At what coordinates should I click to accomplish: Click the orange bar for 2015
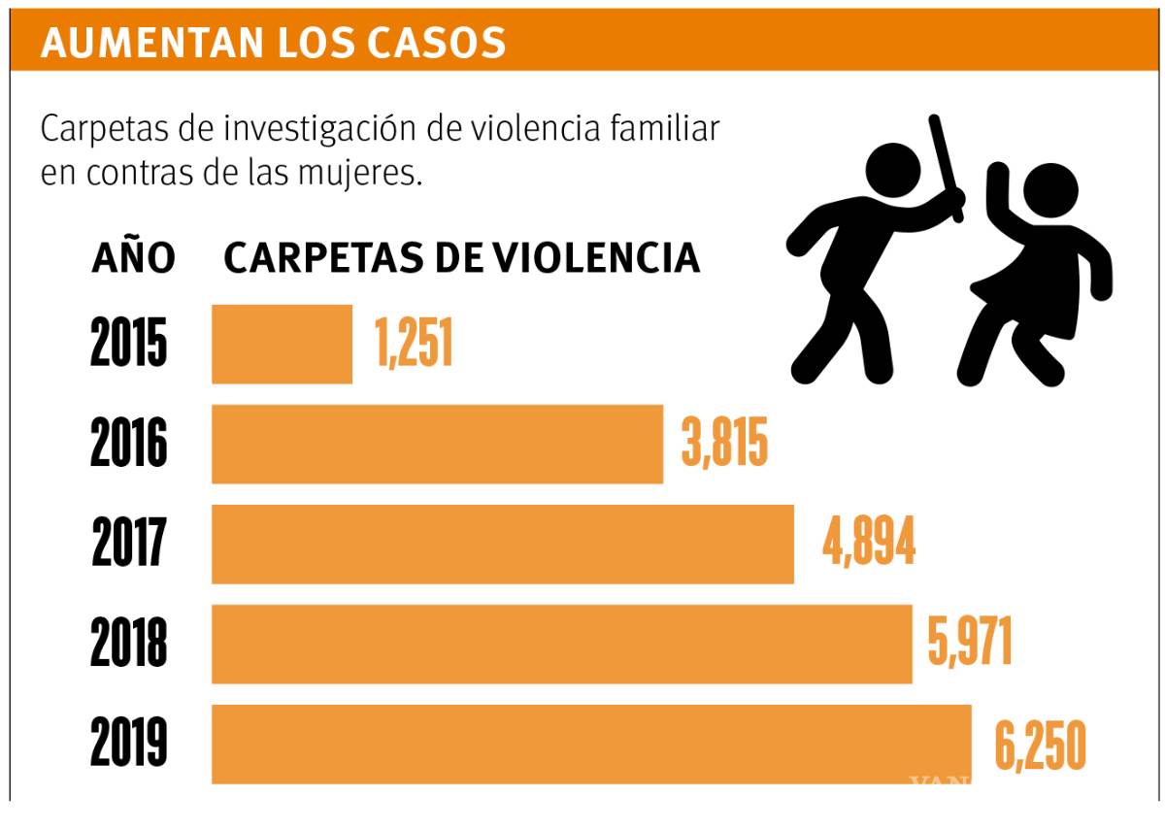tap(282, 344)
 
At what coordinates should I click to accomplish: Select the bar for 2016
tap(437, 444)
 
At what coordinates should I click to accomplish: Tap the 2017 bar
tap(502, 544)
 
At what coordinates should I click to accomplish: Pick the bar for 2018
tap(561, 644)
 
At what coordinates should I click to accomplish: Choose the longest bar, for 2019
tap(591, 744)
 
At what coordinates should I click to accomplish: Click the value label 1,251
tap(415, 344)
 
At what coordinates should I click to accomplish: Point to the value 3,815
tap(724, 444)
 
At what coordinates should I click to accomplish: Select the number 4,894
tap(869, 544)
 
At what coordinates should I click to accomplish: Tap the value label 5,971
tap(970, 644)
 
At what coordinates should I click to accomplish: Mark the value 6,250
tap(1039, 746)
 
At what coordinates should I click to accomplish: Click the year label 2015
tap(129, 344)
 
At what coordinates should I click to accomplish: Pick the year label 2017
tap(129, 544)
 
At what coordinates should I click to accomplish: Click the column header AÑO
tap(134, 258)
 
